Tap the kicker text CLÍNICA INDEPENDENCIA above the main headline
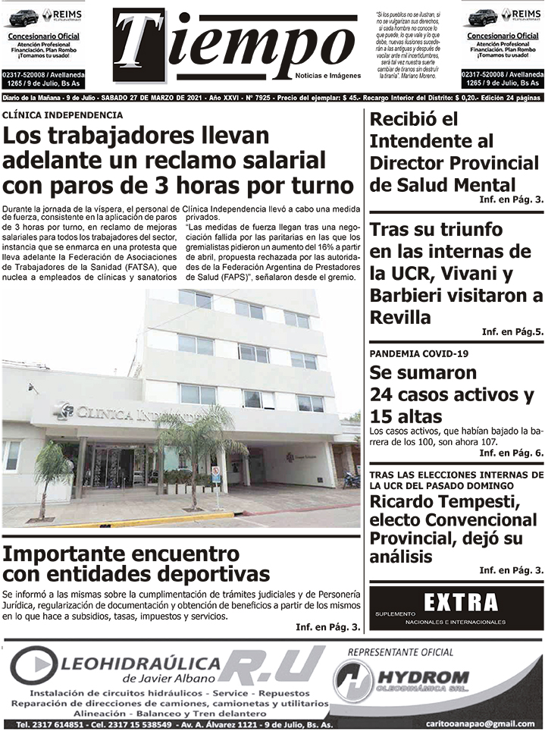tap(63, 115)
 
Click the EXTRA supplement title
tap(461, 603)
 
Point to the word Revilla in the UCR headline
tap(401, 316)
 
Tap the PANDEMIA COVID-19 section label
tap(419, 354)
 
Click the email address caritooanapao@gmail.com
tap(491, 723)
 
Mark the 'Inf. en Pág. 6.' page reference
tap(512, 453)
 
